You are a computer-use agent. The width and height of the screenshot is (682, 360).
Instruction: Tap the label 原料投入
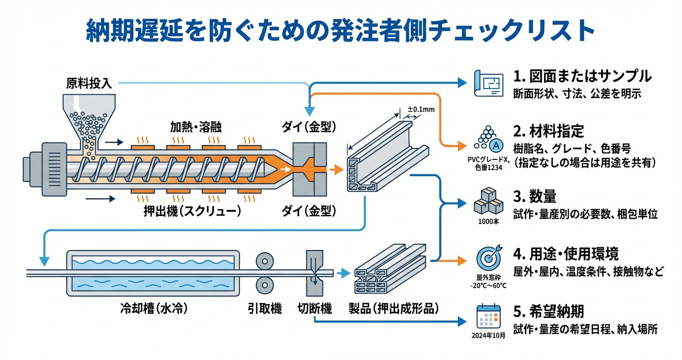pyautogui.click(x=89, y=84)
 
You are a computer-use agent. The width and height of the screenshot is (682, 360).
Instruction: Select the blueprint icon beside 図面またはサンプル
pyautogui.click(x=487, y=83)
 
